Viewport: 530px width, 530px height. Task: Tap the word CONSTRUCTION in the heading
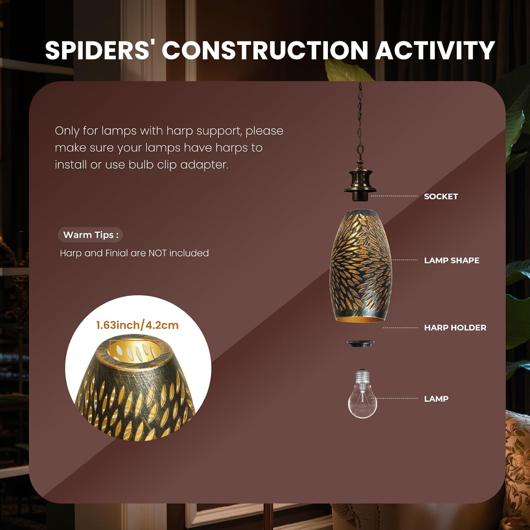pos(265,50)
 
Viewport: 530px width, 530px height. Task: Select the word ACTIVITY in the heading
pos(435,50)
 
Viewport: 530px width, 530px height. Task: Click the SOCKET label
pos(441,196)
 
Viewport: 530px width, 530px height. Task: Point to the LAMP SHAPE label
pos(452,260)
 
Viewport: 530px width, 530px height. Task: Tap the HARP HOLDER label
pos(455,328)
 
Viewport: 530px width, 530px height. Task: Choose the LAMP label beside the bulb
pos(436,399)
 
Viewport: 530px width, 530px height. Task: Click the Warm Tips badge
pos(90,235)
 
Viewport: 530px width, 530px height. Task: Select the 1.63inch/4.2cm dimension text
pos(137,325)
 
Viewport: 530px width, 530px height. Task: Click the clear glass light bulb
pos(362,394)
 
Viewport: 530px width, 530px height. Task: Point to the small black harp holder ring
pos(360,343)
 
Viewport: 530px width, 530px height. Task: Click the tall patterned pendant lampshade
pos(361,266)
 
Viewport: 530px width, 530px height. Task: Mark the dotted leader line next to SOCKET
pos(394,196)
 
